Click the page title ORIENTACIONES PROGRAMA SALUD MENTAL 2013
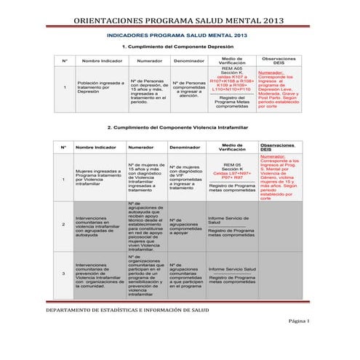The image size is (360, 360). [180, 22]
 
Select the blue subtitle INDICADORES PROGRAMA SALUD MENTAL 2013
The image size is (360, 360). [179, 35]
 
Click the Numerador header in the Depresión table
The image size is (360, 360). [149, 60]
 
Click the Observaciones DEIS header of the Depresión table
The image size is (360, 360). [279, 60]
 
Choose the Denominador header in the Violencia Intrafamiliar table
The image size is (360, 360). [184, 147]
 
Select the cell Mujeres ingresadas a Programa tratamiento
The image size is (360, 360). [97, 177]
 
